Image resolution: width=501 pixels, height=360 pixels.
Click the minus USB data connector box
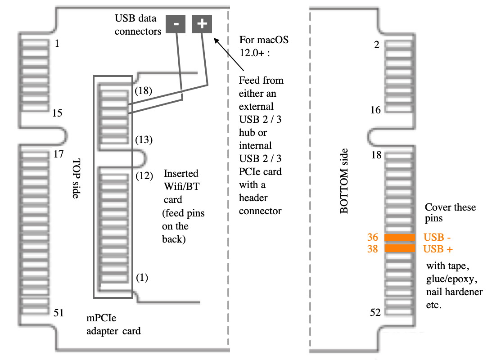point(176,24)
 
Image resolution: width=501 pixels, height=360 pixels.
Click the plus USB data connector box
point(202,24)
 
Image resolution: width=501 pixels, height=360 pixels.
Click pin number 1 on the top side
point(57,44)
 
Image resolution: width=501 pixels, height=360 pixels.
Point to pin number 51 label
point(58,313)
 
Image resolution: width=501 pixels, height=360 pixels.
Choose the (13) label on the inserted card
point(144,139)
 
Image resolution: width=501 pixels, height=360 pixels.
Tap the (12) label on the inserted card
point(144,175)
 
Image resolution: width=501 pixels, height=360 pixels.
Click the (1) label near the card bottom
point(142,277)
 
